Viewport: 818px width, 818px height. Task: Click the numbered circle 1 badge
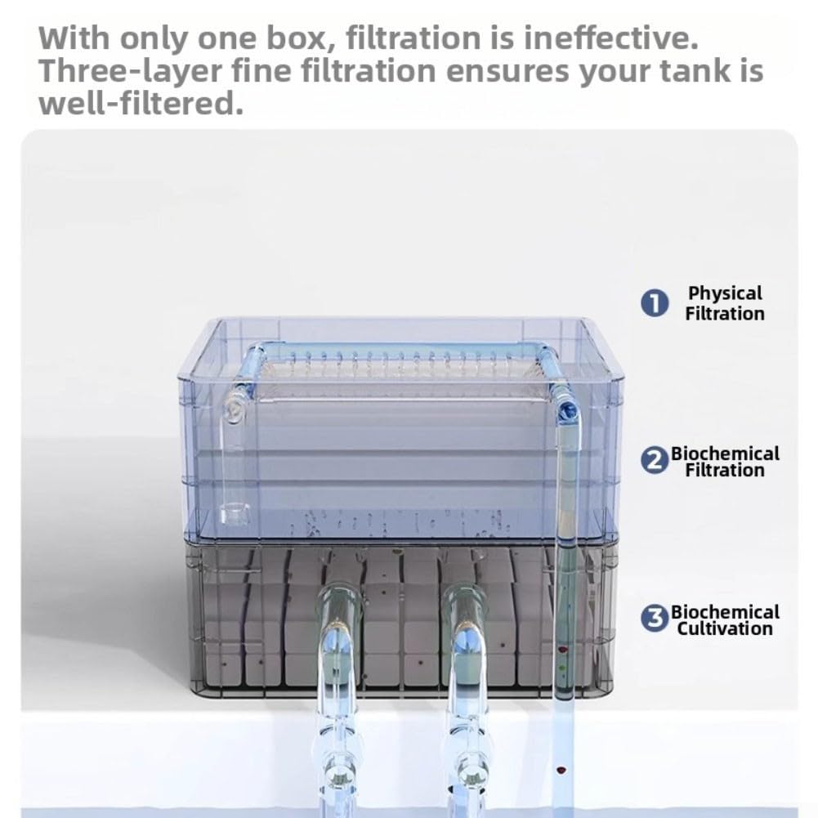click(x=655, y=303)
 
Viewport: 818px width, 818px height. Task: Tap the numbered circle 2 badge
click(x=655, y=461)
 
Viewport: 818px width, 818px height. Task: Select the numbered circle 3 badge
click(x=655, y=619)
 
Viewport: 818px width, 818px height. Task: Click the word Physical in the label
click(x=725, y=293)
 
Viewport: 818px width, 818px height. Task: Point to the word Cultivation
click(x=725, y=628)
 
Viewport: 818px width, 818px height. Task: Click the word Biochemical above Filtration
click(x=725, y=454)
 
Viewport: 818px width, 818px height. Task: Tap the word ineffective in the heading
click(x=611, y=38)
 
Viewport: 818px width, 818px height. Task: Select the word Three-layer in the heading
click(x=131, y=71)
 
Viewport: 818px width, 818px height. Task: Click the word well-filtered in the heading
click(x=141, y=103)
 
